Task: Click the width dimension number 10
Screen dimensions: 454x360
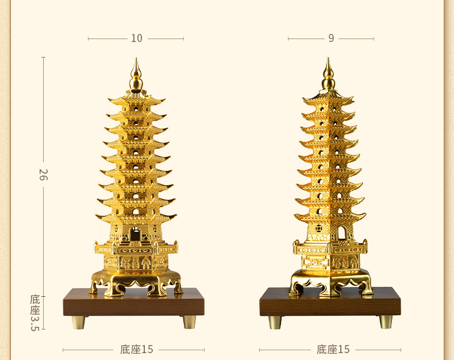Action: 136,39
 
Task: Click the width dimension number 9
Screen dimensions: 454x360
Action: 331,39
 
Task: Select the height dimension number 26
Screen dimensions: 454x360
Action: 43,174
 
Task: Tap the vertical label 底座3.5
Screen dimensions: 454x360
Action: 36,313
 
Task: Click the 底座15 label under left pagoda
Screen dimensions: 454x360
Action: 137,349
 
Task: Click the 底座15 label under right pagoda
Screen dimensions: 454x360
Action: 333,349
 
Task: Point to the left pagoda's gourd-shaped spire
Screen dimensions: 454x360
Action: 136,77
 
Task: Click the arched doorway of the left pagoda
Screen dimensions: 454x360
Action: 135,234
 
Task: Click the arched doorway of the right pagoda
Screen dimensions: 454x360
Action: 341,233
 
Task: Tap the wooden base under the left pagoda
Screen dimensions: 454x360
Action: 133,304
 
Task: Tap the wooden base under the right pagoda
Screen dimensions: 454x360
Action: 330,304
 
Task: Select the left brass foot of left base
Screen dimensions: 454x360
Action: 78,321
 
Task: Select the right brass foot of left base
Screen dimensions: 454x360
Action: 189,321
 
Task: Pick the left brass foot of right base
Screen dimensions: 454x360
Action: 275,321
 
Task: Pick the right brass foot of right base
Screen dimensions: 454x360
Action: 386,321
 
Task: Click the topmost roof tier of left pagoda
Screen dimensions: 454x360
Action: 136,100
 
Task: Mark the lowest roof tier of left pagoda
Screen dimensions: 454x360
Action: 136,218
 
